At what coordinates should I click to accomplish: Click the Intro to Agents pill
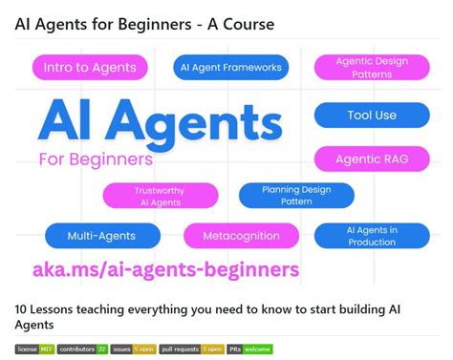click(x=91, y=67)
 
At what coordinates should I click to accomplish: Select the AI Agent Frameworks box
click(x=230, y=67)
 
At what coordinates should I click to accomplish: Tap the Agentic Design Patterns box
click(x=372, y=67)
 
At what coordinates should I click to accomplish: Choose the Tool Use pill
click(x=372, y=116)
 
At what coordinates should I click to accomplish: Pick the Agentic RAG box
click(x=372, y=159)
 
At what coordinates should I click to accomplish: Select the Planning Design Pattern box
click(x=296, y=196)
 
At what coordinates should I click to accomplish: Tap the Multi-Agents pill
click(x=101, y=235)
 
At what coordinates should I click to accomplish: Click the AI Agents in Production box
click(x=372, y=235)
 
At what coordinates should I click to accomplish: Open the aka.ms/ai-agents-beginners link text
click(x=166, y=269)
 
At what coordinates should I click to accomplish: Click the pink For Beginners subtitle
click(x=96, y=159)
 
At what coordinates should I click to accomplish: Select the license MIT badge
click(x=33, y=349)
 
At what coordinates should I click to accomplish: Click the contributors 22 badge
click(x=83, y=349)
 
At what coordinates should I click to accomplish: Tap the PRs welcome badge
click(x=250, y=349)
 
